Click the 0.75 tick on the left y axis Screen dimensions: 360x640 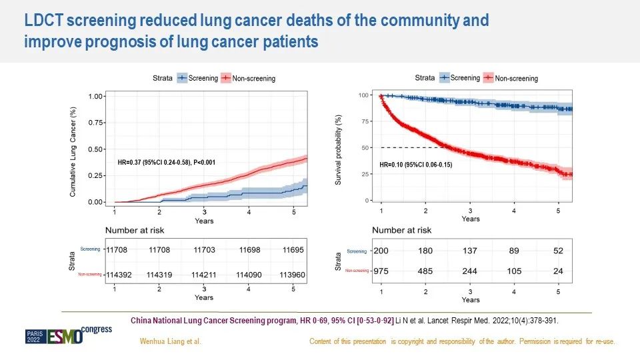(x=97, y=123)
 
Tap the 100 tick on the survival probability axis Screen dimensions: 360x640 (x=363, y=95)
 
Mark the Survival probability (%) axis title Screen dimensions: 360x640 (x=339, y=148)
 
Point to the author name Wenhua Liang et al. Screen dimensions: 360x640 (x=170, y=341)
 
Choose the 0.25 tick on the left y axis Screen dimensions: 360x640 (x=97, y=175)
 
